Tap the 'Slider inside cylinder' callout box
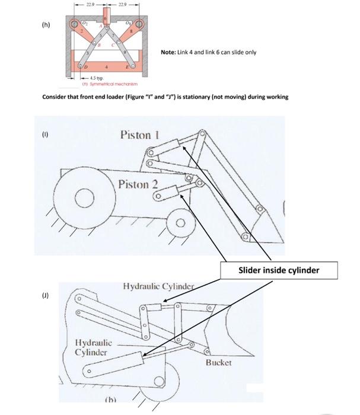click(279, 270)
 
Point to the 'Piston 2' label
click(138, 184)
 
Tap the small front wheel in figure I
click(181, 224)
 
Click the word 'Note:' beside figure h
click(169, 52)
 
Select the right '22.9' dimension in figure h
click(122, 4)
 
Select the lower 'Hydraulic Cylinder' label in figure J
click(92, 348)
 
